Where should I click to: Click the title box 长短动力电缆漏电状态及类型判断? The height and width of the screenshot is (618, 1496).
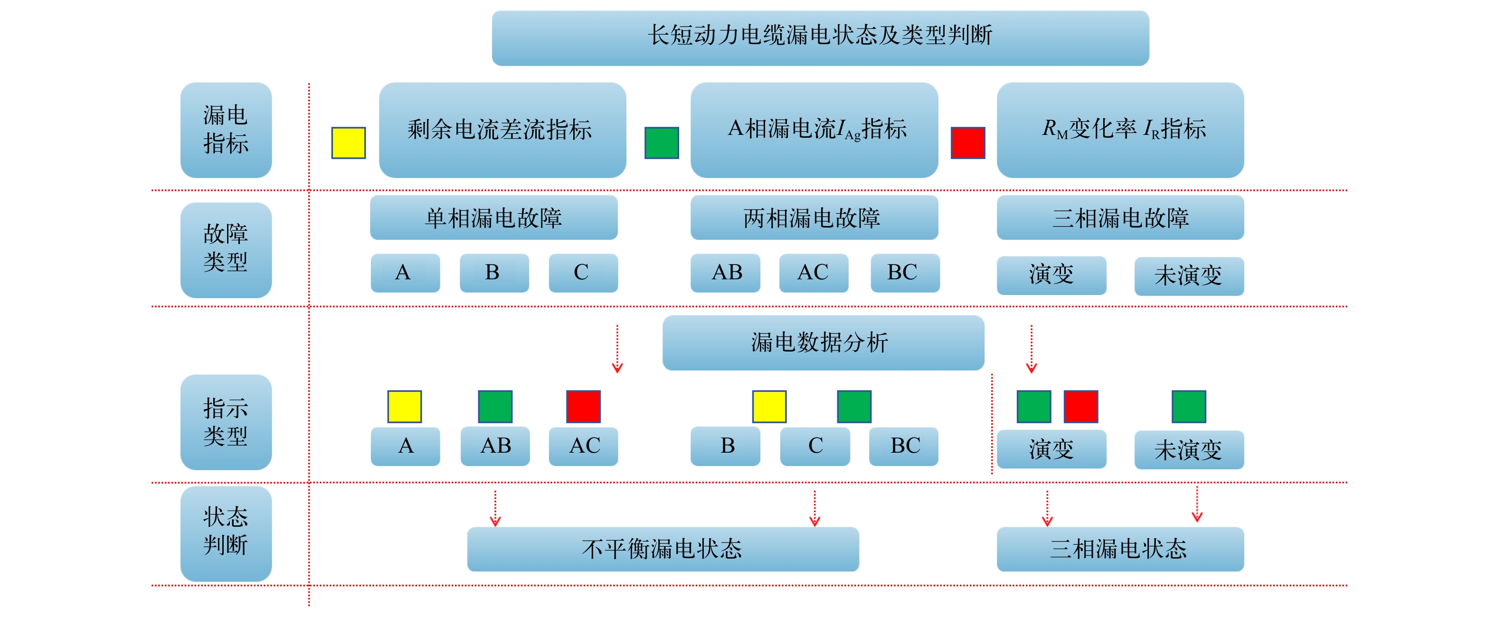pyautogui.click(x=820, y=38)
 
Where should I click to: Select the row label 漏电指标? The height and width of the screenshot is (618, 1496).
pyautogui.click(x=226, y=130)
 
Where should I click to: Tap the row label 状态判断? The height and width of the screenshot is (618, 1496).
pyautogui.click(x=226, y=533)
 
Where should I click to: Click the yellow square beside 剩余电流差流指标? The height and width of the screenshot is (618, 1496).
pyautogui.click(x=349, y=143)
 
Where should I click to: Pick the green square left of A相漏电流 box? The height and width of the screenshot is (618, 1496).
pyautogui.click(x=662, y=143)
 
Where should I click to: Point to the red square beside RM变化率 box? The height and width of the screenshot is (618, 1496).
pyautogui.click(x=967, y=143)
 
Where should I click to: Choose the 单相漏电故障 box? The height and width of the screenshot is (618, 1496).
pyautogui.click(x=493, y=217)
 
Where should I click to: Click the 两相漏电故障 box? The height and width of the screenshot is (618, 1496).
pyautogui.click(x=814, y=217)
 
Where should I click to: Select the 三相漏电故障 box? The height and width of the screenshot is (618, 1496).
pyautogui.click(x=1120, y=217)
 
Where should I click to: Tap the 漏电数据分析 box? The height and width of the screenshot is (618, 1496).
pyautogui.click(x=823, y=342)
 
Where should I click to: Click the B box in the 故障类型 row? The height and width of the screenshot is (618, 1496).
pyautogui.click(x=494, y=272)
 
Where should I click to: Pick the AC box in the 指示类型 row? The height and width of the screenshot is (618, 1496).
pyautogui.click(x=583, y=446)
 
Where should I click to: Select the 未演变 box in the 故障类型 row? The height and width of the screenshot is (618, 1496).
pyautogui.click(x=1189, y=276)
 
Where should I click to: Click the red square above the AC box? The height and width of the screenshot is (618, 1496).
pyautogui.click(x=583, y=406)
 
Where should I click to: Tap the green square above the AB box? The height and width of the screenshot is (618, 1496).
pyautogui.click(x=495, y=406)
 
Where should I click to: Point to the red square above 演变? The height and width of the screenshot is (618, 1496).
pyautogui.click(x=1080, y=406)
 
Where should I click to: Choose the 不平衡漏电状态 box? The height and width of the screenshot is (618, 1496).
pyautogui.click(x=663, y=549)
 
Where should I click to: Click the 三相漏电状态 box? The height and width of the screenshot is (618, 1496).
pyautogui.click(x=1120, y=549)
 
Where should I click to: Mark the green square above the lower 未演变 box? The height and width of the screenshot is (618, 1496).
pyautogui.click(x=1189, y=406)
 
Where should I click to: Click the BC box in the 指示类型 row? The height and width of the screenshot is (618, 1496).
pyautogui.click(x=904, y=446)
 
